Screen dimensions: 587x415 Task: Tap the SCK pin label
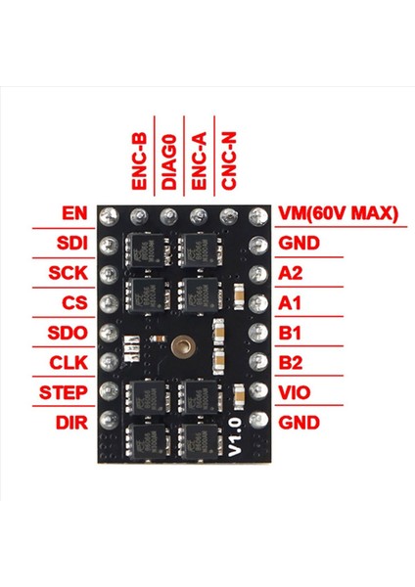(x=69, y=273)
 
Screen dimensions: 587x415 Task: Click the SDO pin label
(x=69, y=334)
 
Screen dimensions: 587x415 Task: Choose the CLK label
(x=69, y=364)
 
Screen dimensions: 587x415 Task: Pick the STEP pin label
(x=66, y=393)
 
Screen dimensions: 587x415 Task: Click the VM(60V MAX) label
(x=338, y=212)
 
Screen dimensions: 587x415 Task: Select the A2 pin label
(x=290, y=273)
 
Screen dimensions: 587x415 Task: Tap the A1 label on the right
(x=290, y=303)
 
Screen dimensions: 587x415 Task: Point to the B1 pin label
(x=290, y=334)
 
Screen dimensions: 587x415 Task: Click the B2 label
(x=290, y=364)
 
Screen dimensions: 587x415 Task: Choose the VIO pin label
(x=294, y=393)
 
